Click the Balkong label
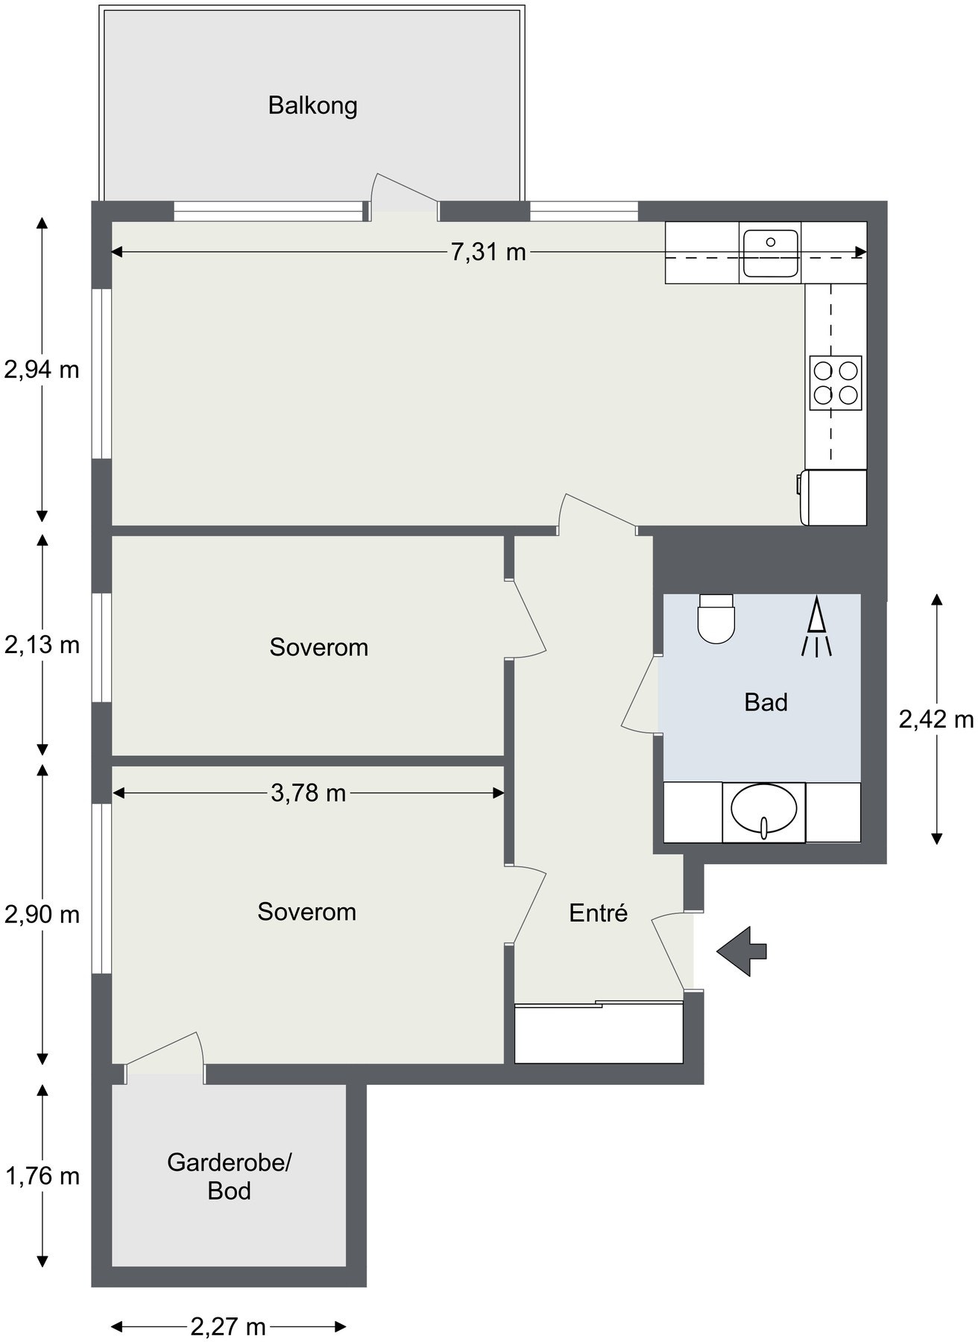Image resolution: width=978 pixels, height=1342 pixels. pyautogui.click(x=312, y=105)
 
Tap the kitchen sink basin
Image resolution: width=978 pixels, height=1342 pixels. pyautogui.click(x=770, y=252)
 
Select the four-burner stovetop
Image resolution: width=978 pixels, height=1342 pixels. pyautogui.click(x=836, y=382)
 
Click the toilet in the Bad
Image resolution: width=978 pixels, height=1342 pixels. pyautogui.click(x=716, y=618)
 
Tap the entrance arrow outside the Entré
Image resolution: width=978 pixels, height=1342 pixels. pyautogui.click(x=742, y=951)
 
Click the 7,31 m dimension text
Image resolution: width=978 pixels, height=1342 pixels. pyautogui.click(x=488, y=253)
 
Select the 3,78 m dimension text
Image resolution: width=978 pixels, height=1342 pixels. pyautogui.click(x=308, y=793)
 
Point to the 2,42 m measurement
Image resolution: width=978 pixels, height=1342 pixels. pyautogui.click(x=936, y=719)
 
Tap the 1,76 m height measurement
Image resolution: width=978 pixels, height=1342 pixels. pyautogui.click(x=42, y=1176)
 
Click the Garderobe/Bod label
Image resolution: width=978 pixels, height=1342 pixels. pyautogui.click(x=229, y=1176)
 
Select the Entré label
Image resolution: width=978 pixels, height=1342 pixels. pyautogui.click(x=599, y=913)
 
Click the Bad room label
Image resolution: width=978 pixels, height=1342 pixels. pyautogui.click(x=766, y=702)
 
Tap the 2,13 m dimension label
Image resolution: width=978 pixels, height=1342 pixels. pyautogui.click(x=42, y=644)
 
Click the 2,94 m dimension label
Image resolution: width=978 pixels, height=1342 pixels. pyautogui.click(x=42, y=369)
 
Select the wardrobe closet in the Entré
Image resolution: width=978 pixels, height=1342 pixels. pyautogui.click(x=599, y=1032)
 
